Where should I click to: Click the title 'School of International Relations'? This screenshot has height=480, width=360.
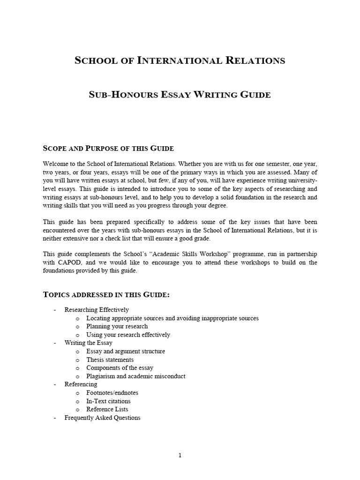click(180, 60)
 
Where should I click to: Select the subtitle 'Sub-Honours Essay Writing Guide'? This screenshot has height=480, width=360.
click(180, 95)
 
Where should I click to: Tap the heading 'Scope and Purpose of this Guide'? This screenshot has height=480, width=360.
click(108, 149)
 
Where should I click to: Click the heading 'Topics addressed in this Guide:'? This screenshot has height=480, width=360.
click(106, 295)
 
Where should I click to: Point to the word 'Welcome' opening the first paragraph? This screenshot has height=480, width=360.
click(56, 164)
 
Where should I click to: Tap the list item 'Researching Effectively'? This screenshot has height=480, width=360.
click(97, 310)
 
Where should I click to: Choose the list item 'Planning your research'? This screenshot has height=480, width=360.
click(117, 326)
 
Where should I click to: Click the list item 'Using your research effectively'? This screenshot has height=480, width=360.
click(128, 335)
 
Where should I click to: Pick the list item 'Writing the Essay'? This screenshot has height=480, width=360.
click(89, 343)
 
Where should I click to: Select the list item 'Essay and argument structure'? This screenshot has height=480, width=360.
click(126, 351)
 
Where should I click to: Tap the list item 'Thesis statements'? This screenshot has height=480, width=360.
click(110, 360)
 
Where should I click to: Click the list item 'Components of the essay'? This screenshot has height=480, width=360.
click(120, 368)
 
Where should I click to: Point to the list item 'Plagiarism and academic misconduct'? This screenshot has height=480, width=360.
click(136, 376)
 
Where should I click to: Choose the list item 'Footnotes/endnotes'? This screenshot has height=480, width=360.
click(112, 393)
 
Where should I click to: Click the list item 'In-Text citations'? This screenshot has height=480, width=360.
click(109, 401)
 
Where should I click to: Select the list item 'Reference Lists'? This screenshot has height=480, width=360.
click(107, 409)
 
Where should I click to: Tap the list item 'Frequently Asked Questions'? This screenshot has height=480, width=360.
click(102, 418)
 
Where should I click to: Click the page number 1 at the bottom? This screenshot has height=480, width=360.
click(180, 456)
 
